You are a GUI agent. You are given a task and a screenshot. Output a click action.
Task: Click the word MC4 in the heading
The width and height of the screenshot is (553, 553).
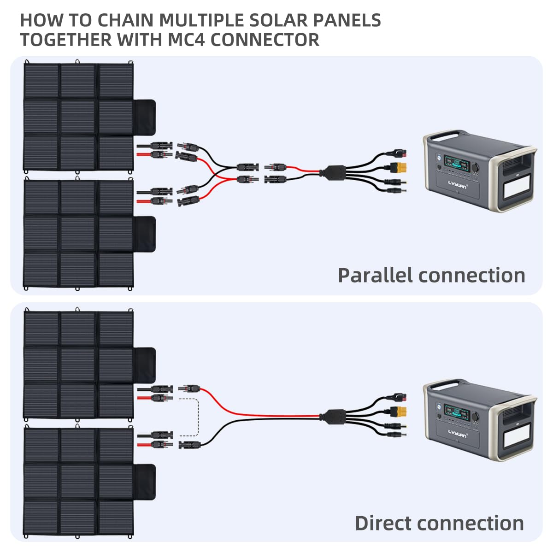pos(184,40)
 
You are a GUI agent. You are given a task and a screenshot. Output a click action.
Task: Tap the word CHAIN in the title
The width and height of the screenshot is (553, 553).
pos(124,20)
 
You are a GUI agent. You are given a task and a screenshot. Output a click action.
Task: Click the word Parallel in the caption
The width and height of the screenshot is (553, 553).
pos(375,275)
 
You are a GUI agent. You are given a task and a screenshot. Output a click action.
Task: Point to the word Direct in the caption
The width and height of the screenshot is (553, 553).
pos(384,523)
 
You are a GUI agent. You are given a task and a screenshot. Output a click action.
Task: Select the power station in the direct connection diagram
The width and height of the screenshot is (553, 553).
pos(479,419)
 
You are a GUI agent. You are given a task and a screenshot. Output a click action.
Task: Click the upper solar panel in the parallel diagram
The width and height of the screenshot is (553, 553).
pos(78,115)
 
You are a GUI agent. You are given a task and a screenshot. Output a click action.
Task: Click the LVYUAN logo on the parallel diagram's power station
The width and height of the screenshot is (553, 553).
pos(457,187)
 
